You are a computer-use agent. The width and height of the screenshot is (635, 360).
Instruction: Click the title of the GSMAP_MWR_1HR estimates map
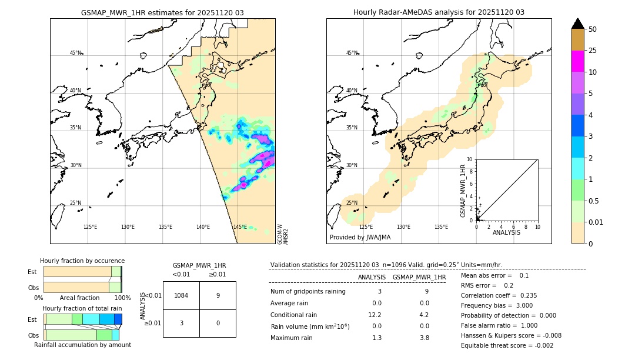point(162,12)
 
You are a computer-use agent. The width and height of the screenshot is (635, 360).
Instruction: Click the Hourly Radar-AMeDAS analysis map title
point(439,12)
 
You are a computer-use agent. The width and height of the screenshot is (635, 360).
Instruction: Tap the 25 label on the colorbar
point(593,51)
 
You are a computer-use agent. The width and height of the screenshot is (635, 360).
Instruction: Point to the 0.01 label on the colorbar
point(596,222)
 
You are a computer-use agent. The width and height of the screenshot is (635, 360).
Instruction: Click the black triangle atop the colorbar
point(578,24)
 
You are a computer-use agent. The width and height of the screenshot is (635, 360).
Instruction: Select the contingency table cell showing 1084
point(181,295)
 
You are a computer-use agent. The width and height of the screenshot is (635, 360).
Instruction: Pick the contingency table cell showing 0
point(218,323)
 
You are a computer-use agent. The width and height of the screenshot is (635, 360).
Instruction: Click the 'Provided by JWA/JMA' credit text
point(360,238)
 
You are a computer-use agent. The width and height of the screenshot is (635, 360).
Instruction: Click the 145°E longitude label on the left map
point(240,227)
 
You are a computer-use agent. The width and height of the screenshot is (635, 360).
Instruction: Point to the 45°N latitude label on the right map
point(352,53)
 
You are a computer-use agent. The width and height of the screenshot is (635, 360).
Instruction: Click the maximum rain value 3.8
point(424,338)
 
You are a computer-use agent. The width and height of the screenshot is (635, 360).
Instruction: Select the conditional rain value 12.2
point(376,315)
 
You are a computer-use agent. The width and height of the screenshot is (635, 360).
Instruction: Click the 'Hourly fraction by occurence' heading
point(82,261)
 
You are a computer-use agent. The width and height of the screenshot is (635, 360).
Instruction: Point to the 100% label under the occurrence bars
point(122,298)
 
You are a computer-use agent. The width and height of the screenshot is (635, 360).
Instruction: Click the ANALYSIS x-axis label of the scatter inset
point(506,232)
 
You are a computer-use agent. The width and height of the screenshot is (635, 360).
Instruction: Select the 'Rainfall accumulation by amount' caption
point(82,345)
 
